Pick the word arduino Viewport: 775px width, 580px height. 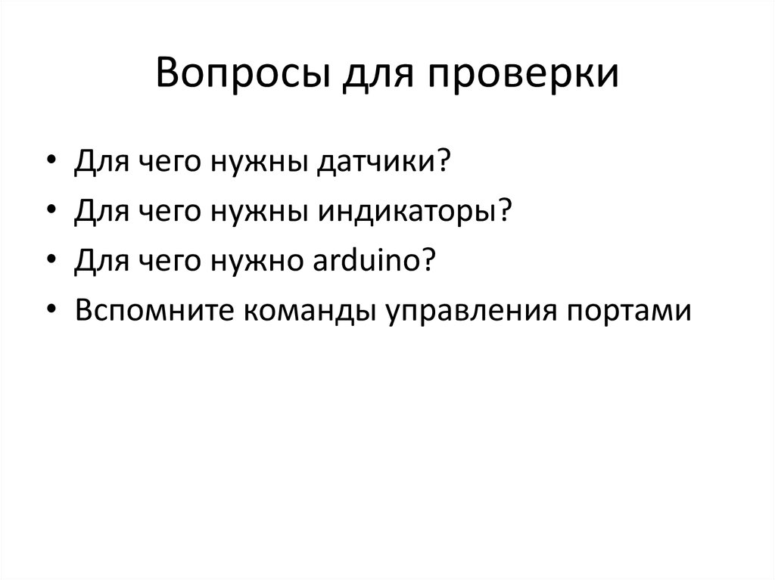tap(362, 262)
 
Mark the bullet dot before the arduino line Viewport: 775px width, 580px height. tap(51, 262)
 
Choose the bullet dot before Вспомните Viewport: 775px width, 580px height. tap(51, 311)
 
